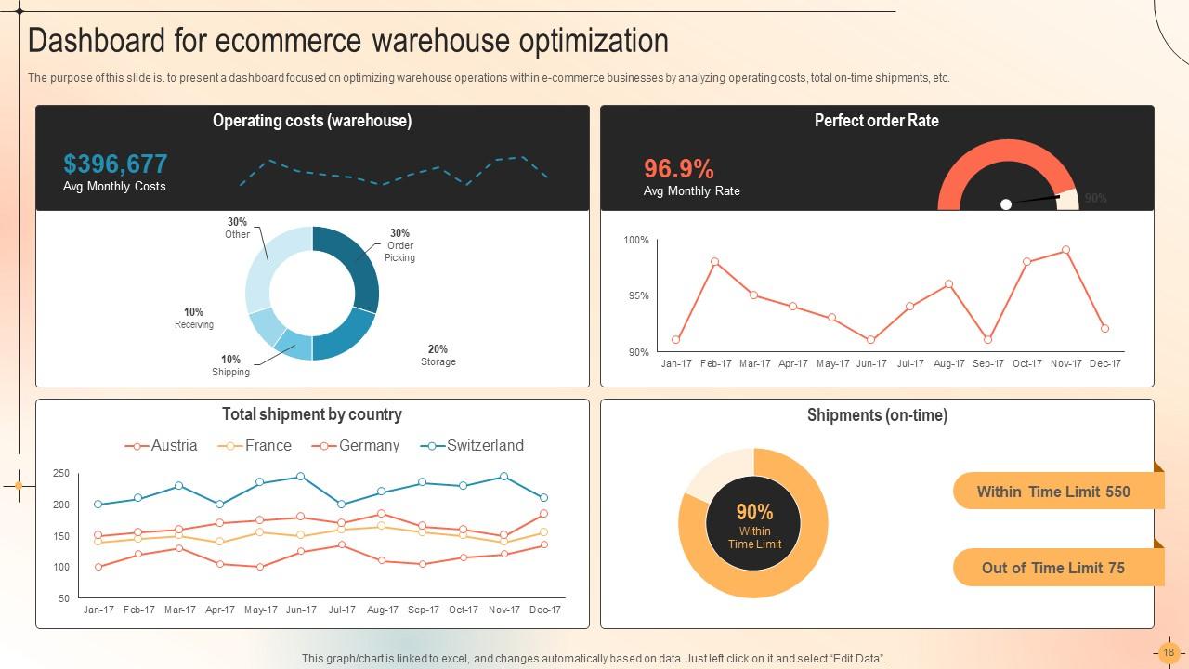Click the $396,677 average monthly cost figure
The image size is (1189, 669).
coord(115,164)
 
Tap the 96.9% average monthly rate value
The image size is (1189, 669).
coord(679,169)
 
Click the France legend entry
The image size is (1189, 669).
coord(255,446)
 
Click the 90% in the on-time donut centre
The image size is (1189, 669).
coord(754,512)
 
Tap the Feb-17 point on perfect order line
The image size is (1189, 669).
coord(714,262)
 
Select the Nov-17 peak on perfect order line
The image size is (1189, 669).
coord(1065,250)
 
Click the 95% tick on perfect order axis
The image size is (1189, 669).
coord(637,296)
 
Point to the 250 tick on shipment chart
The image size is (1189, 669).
coord(61,474)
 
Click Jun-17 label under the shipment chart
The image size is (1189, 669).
coord(301,610)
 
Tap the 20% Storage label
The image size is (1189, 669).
coord(438,356)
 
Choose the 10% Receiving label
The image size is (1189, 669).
coord(193,319)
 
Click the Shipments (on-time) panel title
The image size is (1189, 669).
coord(877,415)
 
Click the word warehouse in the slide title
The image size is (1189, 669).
coord(437,42)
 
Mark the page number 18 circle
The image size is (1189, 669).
coord(1169,652)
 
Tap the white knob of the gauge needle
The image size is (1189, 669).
coord(1005,203)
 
